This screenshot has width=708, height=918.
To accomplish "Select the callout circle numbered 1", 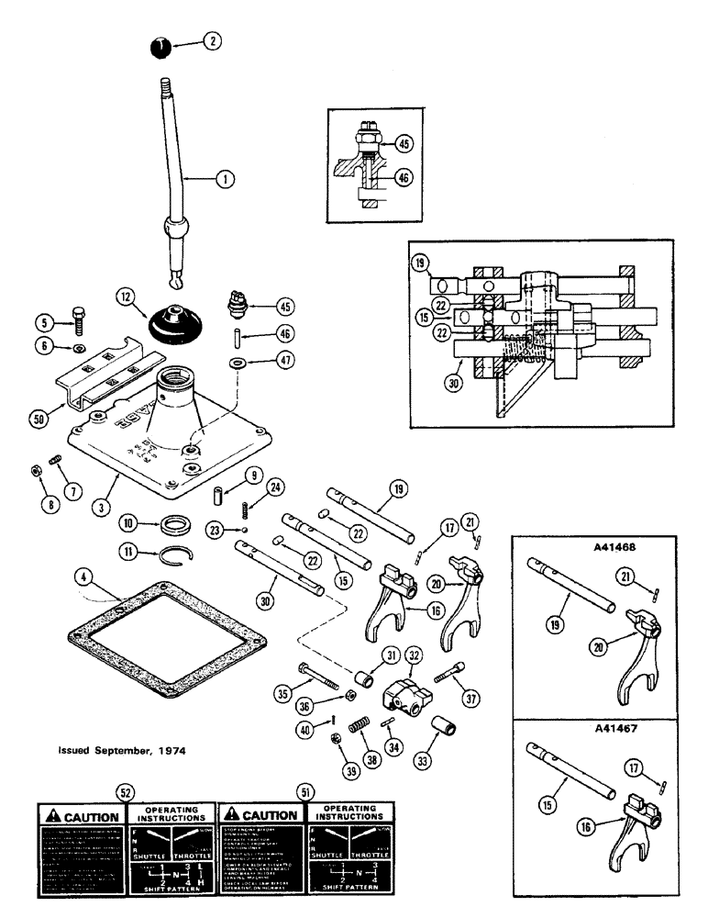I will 222,180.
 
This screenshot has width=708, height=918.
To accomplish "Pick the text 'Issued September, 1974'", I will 122,749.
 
